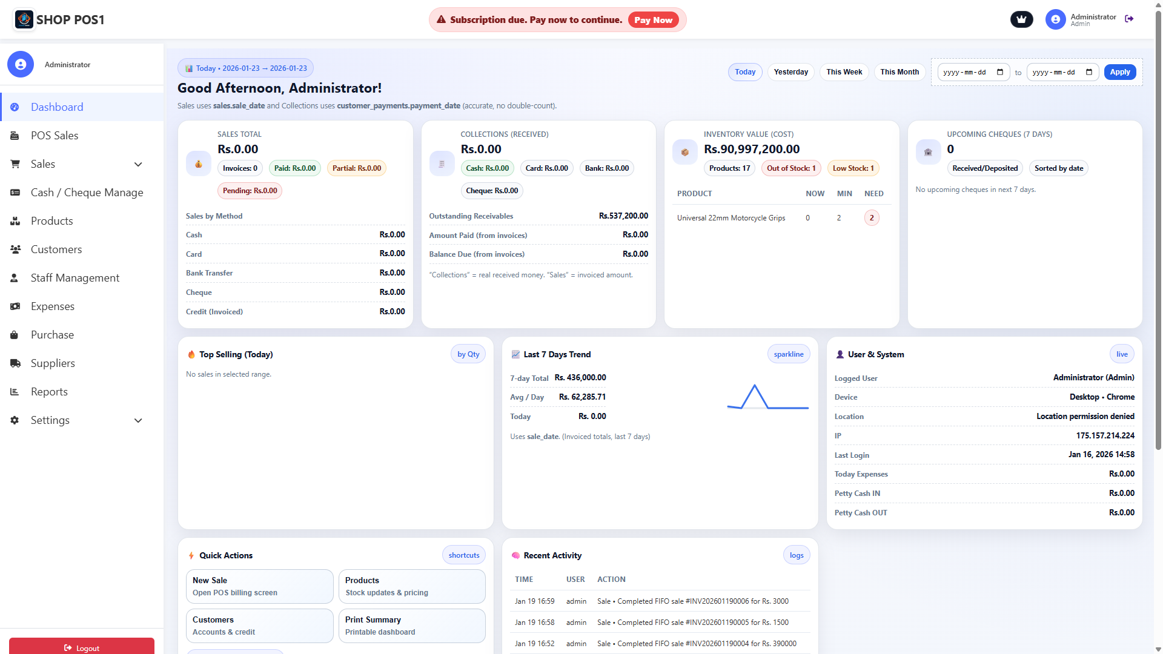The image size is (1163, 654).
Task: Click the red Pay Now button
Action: click(x=653, y=20)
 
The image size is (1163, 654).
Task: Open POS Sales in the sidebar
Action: click(x=55, y=136)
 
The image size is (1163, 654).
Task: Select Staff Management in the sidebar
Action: click(x=75, y=278)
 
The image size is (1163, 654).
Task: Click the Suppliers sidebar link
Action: click(x=53, y=363)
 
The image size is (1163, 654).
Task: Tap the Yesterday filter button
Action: click(x=790, y=72)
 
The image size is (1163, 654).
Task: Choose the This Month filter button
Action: click(x=899, y=72)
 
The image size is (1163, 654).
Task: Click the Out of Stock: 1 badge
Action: click(x=791, y=168)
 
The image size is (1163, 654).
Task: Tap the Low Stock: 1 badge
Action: click(x=853, y=168)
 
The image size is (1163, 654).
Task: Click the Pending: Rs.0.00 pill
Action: click(x=250, y=191)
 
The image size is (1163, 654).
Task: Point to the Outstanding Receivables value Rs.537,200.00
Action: click(x=623, y=216)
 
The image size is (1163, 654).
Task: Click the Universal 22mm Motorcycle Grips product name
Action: click(x=731, y=218)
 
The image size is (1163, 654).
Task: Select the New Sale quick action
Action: click(x=259, y=586)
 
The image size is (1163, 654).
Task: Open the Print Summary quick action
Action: click(x=411, y=626)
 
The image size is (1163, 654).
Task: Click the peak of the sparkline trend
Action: click(x=755, y=386)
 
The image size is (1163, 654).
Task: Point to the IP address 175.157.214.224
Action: click(x=1105, y=436)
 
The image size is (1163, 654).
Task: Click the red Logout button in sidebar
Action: click(x=82, y=647)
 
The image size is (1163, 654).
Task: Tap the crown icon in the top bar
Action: click(x=1021, y=19)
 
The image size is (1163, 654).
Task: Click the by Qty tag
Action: click(x=468, y=354)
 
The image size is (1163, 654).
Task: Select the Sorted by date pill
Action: click(x=1058, y=168)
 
